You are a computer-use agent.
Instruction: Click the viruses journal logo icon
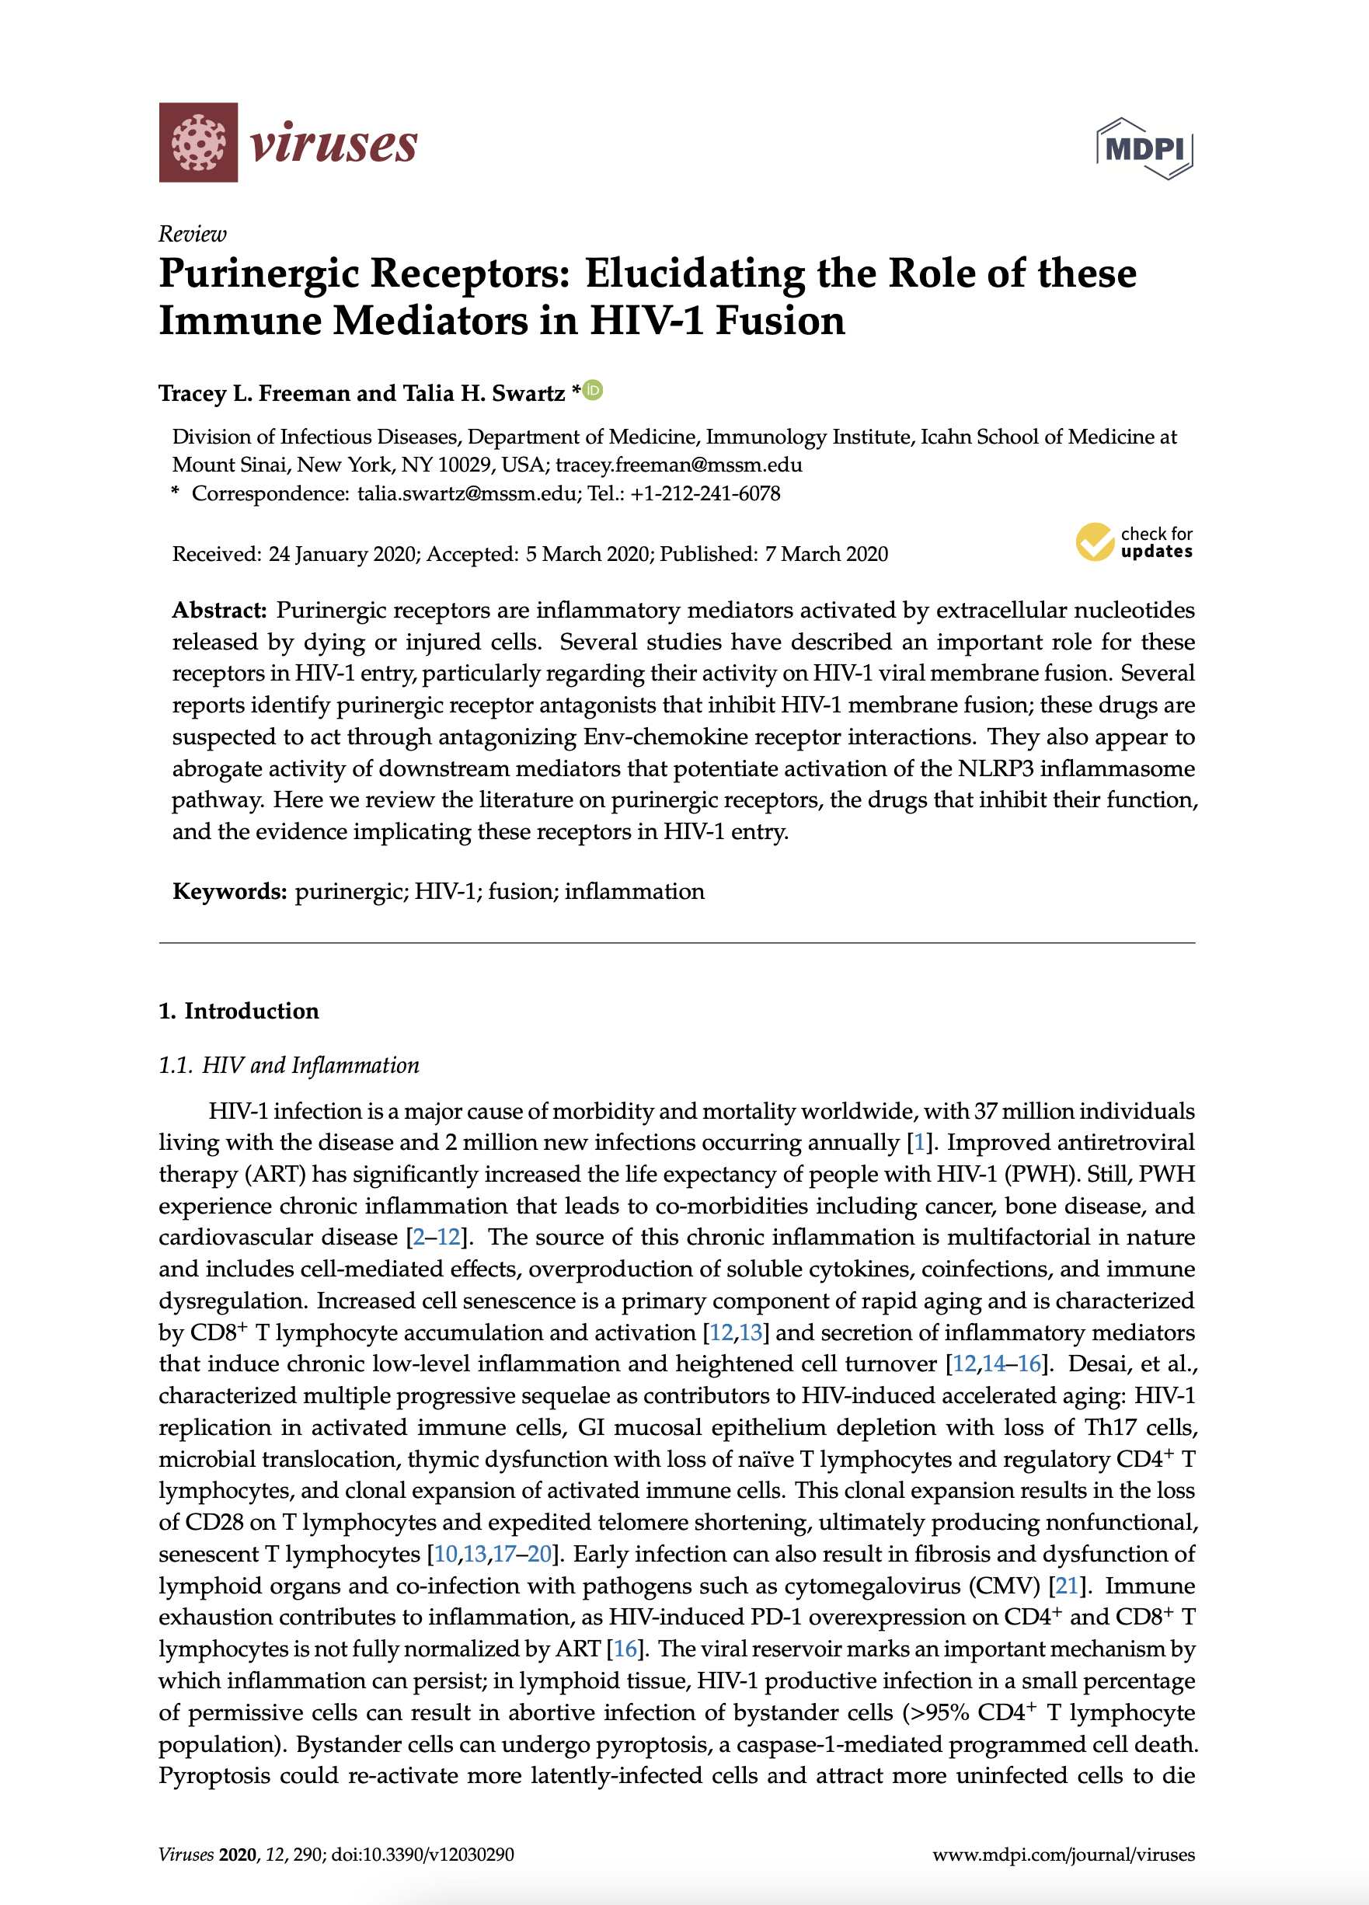198,142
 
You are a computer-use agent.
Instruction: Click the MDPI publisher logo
1144,148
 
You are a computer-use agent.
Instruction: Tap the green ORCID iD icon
593,391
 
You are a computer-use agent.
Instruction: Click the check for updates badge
1134,542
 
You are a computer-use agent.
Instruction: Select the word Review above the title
193,234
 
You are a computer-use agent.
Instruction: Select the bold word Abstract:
219,610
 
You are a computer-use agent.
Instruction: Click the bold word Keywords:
229,891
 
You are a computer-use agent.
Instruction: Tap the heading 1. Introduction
239,1011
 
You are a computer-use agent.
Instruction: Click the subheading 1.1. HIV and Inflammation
289,1065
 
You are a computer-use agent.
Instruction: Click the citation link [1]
919,1142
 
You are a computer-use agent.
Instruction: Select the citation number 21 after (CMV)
1066,1586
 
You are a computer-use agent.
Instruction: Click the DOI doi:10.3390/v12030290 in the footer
423,1855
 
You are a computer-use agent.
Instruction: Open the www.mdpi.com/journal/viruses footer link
1064,1855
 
